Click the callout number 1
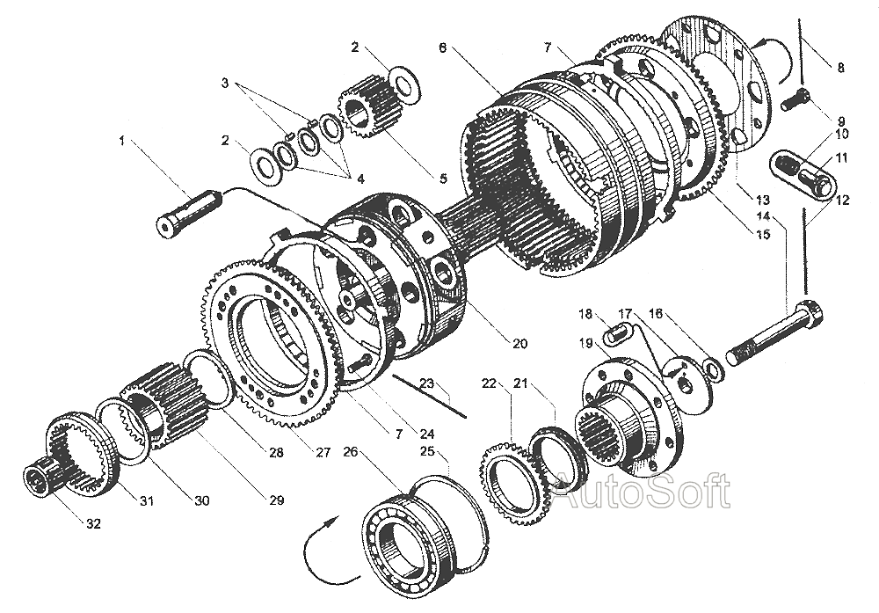tap(121, 141)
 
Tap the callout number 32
tap(93, 524)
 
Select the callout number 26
tap(351, 451)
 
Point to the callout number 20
tap(519, 343)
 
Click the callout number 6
tap(442, 48)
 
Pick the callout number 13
tap(762, 200)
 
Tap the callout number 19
tap(585, 343)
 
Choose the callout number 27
tap(323, 452)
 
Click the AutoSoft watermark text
tap(640, 491)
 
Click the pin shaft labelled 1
tap(188, 215)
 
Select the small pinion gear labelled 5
tap(367, 112)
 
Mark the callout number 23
tap(428, 383)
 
